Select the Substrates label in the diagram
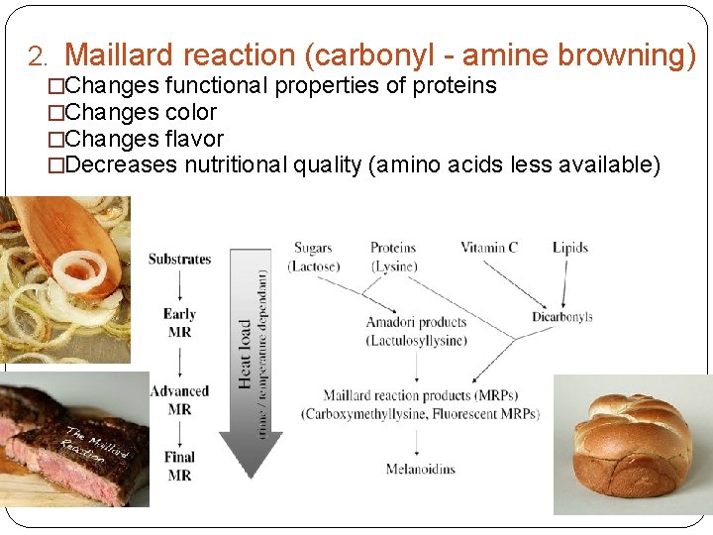point(179,260)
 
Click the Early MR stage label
point(179,323)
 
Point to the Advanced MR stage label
point(179,400)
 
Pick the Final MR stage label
point(179,466)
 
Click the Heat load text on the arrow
point(245,353)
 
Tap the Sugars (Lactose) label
point(313,257)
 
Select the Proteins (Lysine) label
point(393,257)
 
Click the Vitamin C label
point(488,248)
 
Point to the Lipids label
point(570,248)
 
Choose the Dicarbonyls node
point(561,317)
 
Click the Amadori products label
point(415,323)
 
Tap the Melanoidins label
point(420,469)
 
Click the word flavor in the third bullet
point(194,139)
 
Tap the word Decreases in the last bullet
point(118,164)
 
